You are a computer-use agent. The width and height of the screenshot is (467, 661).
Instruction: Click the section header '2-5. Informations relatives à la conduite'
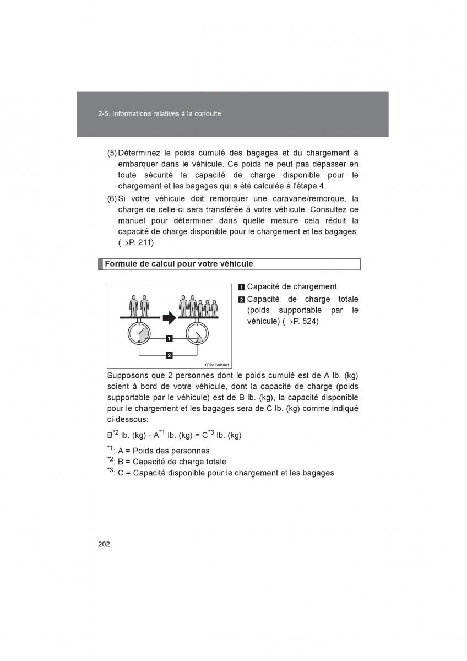pos(159,114)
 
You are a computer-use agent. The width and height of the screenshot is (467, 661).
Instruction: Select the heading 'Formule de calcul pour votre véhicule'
pos(179,264)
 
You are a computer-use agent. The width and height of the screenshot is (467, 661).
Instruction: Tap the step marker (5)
pos(112,153)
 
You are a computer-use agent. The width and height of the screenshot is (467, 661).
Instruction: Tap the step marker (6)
pos(112,198)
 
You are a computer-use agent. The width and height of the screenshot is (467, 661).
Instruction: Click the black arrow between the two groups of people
pos(169,318)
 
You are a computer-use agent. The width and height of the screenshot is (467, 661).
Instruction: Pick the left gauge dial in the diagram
pos(139,333)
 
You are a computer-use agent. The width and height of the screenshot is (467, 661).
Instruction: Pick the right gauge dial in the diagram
pos(197,333)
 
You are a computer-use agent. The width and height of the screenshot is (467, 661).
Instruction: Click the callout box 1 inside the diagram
pos(169,338)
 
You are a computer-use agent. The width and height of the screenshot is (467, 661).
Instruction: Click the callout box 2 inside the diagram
pos(169,355)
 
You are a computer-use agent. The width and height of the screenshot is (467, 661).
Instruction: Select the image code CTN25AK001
pos(217,365)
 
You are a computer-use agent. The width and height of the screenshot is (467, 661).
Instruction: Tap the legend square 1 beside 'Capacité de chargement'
pos(241,287)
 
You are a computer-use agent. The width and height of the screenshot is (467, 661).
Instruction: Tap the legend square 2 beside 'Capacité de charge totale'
pos(241,300)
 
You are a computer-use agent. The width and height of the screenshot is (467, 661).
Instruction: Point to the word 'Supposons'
pos(126,375)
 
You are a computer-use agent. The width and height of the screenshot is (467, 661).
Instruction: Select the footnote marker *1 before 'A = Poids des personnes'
pos(110,449)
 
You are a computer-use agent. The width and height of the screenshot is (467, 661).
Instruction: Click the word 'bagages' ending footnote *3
pos(319,473)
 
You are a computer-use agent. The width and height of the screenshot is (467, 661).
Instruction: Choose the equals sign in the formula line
pos(197,435)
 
